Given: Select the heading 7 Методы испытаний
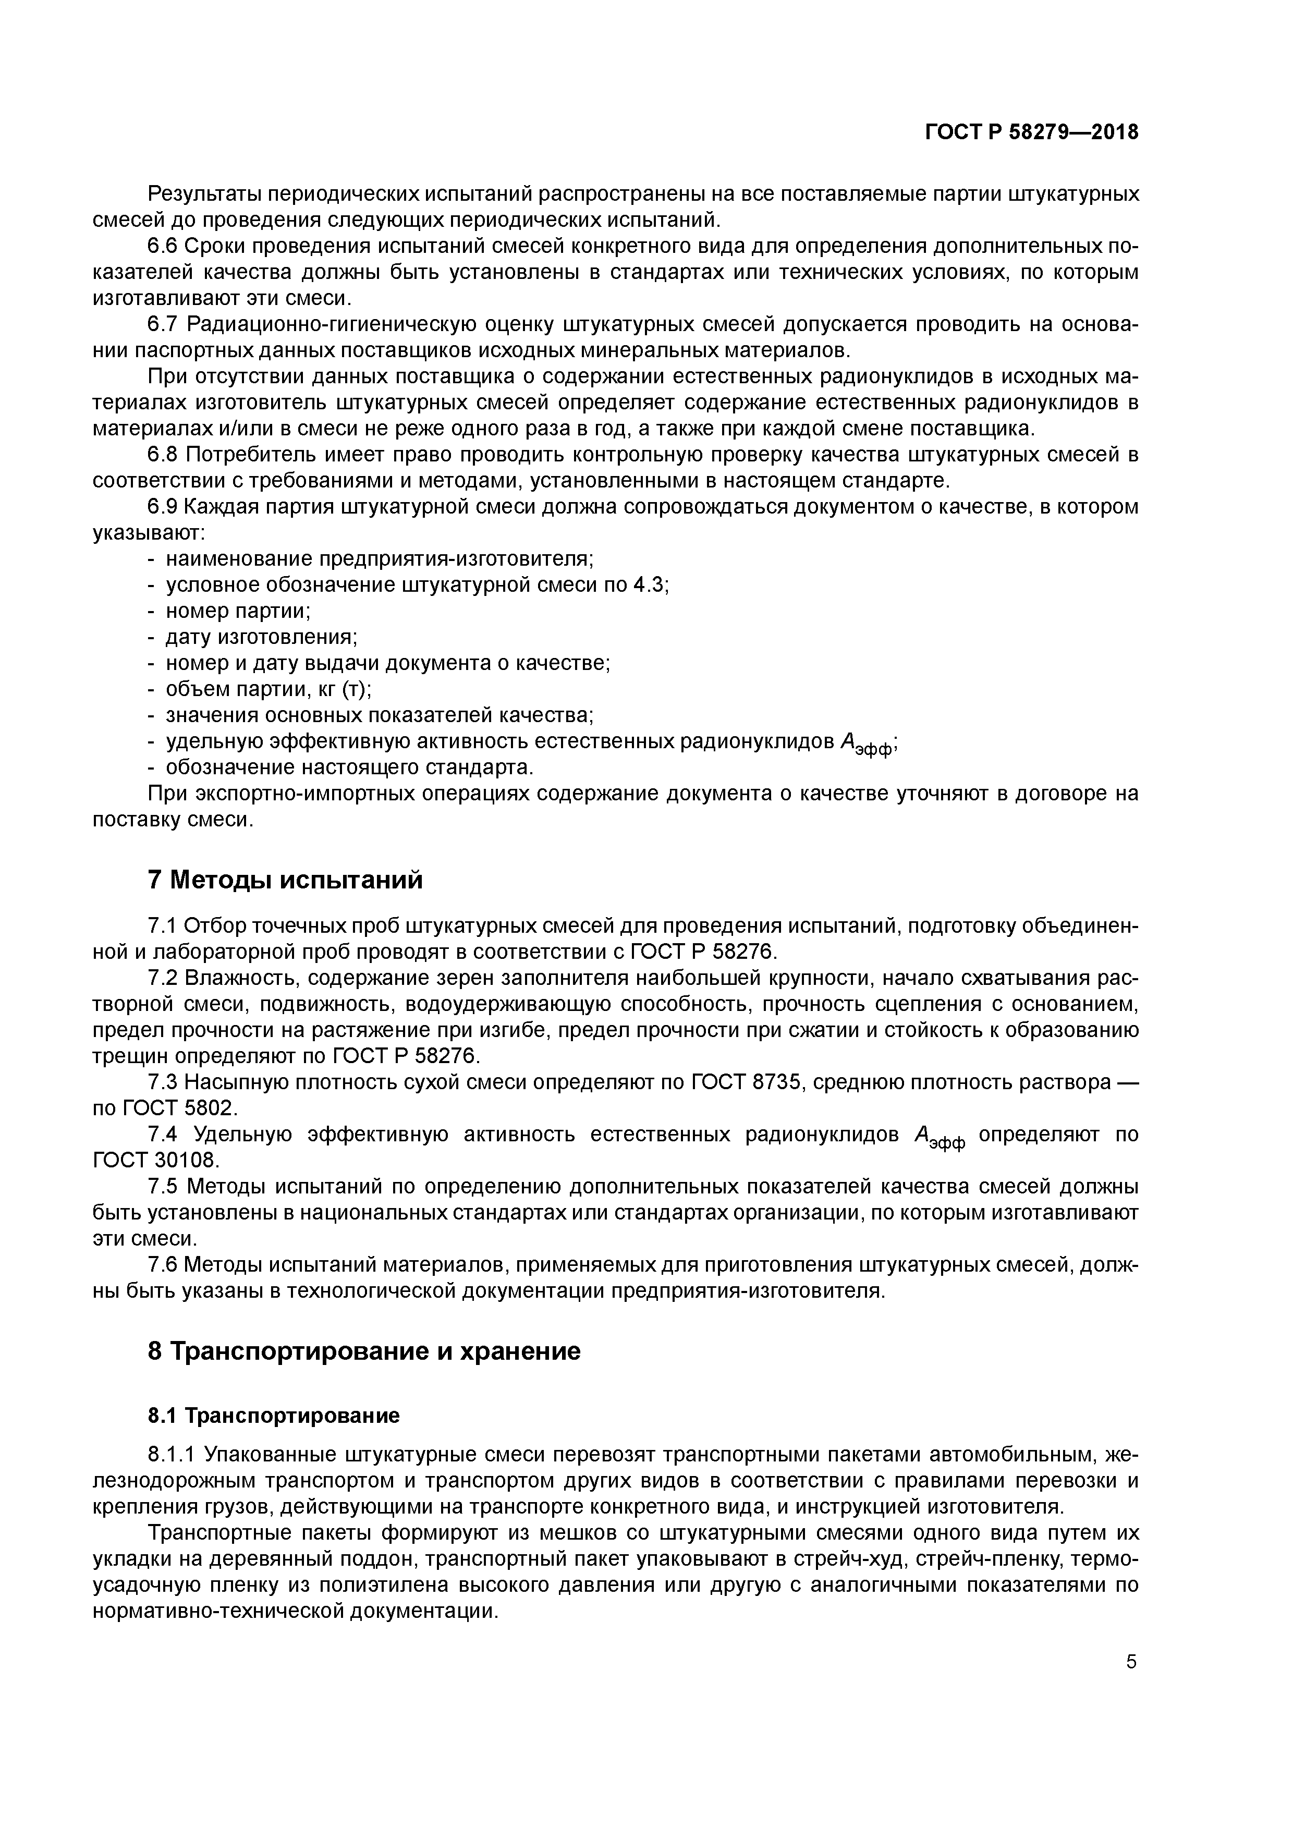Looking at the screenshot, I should pos(285,880).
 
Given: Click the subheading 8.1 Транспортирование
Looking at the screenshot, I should pos(273,1416).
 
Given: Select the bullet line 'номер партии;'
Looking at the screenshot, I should pos(237,611).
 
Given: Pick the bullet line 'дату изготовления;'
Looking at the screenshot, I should pos(261,637).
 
